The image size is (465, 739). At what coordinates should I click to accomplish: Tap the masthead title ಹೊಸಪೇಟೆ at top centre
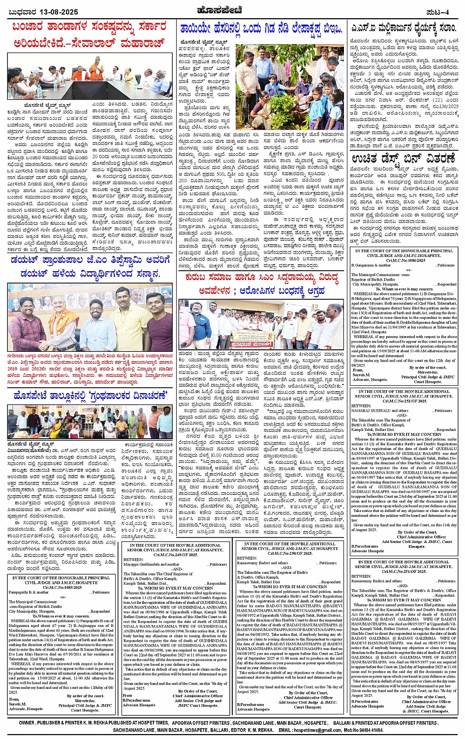232,11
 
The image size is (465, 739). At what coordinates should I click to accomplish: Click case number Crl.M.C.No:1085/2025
61,587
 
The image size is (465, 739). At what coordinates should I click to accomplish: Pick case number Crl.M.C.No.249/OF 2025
175,554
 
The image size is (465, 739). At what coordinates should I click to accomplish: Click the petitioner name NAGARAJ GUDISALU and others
379,411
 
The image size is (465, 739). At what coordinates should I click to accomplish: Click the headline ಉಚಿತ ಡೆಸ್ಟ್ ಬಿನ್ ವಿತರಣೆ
403,159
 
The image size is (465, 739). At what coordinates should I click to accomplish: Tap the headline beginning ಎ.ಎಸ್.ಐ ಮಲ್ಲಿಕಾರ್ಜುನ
403,28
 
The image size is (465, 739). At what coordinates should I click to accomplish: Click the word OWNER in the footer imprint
27,723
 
